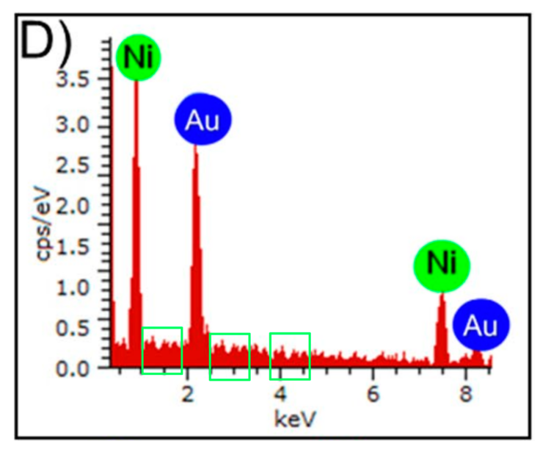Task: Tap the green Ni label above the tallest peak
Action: (x=138, y=57)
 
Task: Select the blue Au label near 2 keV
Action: (x=202, y=121)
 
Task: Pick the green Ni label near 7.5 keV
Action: (x=442, y=264)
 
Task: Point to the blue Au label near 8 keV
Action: (x=481, y=326)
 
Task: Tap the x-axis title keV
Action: (x=296, y=420)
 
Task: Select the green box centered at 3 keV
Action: (x=230, y=357)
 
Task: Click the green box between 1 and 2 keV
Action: (x=161, y=350)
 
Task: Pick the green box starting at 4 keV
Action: (x=290, y=356)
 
